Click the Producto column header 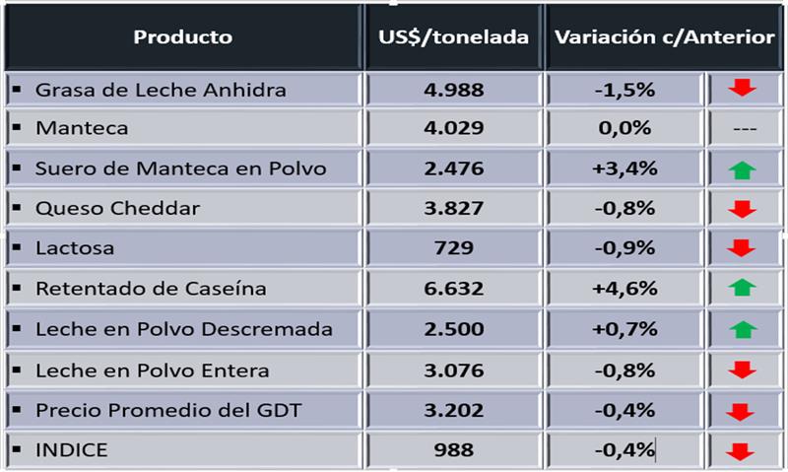pos(183,37)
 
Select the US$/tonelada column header pos(453,37)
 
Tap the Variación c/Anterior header pos(664,37)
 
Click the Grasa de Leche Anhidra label pos(161,90)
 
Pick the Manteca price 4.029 pos(453,128)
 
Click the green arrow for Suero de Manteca pos(743,169)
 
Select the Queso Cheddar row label pos(117,209)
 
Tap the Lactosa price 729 pos(453,248)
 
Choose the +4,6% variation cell pos(624,290)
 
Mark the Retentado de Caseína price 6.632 pos(453,290)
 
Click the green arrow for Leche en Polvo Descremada pos(743,329)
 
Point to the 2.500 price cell pos(453,329)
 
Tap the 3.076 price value pos(453,371)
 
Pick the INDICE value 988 pos(453,450)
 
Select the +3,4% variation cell pos(624,169)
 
